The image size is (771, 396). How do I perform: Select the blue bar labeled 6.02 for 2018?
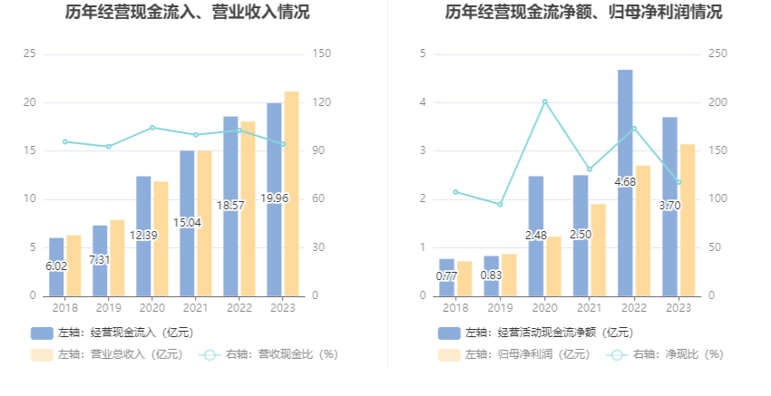[56, 266]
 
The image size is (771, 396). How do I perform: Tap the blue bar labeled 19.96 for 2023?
[274, 198]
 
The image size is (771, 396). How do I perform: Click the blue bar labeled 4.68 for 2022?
[625, 182]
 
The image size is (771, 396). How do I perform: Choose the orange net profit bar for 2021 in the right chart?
[598, 249]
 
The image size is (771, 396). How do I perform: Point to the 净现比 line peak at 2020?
[544, 101]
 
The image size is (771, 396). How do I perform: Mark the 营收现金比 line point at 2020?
[152, 128]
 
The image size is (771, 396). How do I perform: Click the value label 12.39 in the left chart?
[143, 236]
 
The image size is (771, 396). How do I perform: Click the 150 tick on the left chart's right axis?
[318, 54]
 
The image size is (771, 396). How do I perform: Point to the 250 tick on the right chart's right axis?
[717, 54]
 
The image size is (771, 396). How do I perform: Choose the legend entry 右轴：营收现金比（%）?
[268, 354]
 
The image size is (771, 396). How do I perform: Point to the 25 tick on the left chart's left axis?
[29, 54]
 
